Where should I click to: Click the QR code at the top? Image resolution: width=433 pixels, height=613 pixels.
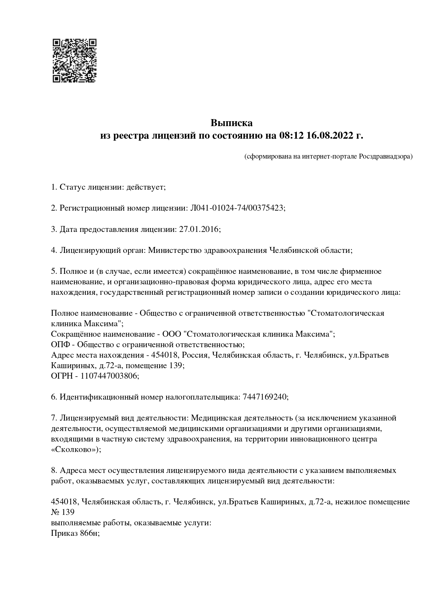point(74,60)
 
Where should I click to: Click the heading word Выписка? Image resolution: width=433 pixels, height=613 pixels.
point(232,123)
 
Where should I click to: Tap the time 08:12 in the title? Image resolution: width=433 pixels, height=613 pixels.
point(292,136)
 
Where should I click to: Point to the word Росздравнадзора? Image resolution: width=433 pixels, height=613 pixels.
point(385,156)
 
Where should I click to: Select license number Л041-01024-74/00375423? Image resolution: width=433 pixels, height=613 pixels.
point(237,208)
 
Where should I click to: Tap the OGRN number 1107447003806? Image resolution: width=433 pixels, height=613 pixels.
point(110,376)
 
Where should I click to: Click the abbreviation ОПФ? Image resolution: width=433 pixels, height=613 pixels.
point(60,344)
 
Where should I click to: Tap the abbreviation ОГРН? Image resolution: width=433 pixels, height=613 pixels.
point(63,376)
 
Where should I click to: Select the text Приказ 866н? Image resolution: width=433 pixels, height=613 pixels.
point(75,533)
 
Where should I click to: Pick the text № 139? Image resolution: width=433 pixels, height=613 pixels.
point(63,512)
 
